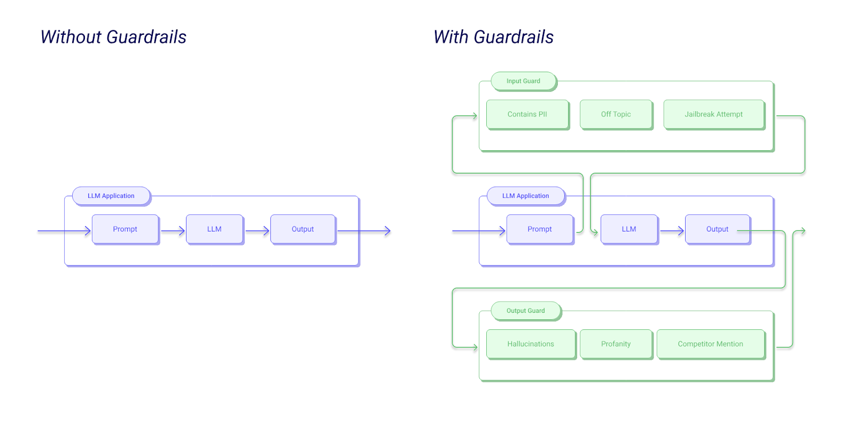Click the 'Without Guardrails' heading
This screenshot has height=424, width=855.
[x=113, y=37]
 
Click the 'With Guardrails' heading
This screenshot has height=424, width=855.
[x=493, y=37]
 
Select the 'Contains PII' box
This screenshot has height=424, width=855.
[x=527, y=114]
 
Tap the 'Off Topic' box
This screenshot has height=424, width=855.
[x=616, y=114]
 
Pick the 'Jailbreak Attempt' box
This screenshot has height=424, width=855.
[x=713, y=114]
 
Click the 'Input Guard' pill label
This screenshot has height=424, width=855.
[x=523, y=81]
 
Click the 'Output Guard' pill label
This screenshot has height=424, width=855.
[x=525, y=311]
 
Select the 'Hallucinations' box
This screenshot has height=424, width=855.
[x=530, y=344]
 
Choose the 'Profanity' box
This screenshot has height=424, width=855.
[x=616, y=344]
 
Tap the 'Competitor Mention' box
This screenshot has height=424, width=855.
[x=710, y=344]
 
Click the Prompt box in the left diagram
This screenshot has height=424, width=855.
[x=125, y=229]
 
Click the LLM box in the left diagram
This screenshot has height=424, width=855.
[x=214, y=229]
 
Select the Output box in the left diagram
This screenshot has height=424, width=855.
[x=302, y=229]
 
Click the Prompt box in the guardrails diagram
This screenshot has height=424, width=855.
[x=539, y=229]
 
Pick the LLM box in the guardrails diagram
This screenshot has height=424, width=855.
[x=628, y=229]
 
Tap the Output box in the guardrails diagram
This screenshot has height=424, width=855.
[x=717, y=229]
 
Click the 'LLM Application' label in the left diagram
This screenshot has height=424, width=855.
[x=111, y=196]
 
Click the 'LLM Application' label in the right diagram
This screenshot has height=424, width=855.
[x=525, y=196]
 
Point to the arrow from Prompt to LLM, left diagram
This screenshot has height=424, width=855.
[x=173, y=231]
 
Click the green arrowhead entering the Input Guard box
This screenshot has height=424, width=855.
[x=474, y=115]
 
